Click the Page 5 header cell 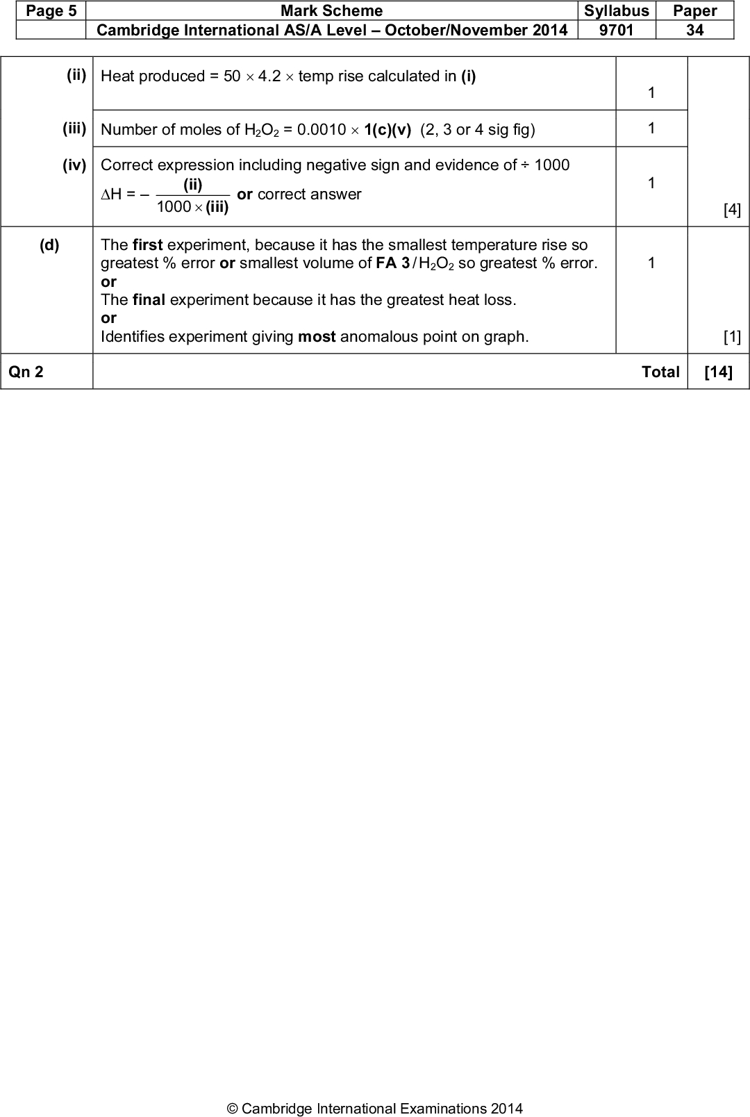pyautogui.click(x=51, y=11)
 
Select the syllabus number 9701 pyautogui.click(x=616, y=30)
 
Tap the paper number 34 pyautogui.click(x=694, y=30)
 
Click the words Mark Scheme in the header pyautogui.click(x=331, y=11)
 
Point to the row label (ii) pyautogui.click(x=76, y=75)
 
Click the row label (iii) pyautogui.click(x=74, y=129)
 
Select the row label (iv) pyautogui.click(x=74, y=165)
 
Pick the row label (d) pyautogui.click(x=49, y=245)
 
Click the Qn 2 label pyautogui.click(x=26, y=372)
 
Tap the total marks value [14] pyautogui.click(x=718, y=372)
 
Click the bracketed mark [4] pyautogui.click(x=732, y=210)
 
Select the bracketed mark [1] pyautogui.click(x=732, y=337)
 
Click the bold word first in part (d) pyautogui.click(x=147, y=245)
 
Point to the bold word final pyautogui.click(x=149, y=300)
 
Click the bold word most pyautogui.click(x=317, y=337)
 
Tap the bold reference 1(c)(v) pyautogui.click(x=387, y=129)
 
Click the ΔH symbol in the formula pyautogui.click(x=111, y=195)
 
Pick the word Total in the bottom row pyautogui.click(x=660, y=372)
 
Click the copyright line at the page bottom pyautogui.click(x=375, y=1109)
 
